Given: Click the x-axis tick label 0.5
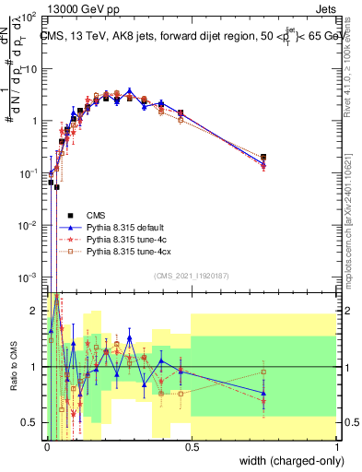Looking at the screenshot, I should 191,447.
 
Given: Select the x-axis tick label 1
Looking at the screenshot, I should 336,447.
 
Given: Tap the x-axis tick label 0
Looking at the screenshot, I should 46,447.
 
